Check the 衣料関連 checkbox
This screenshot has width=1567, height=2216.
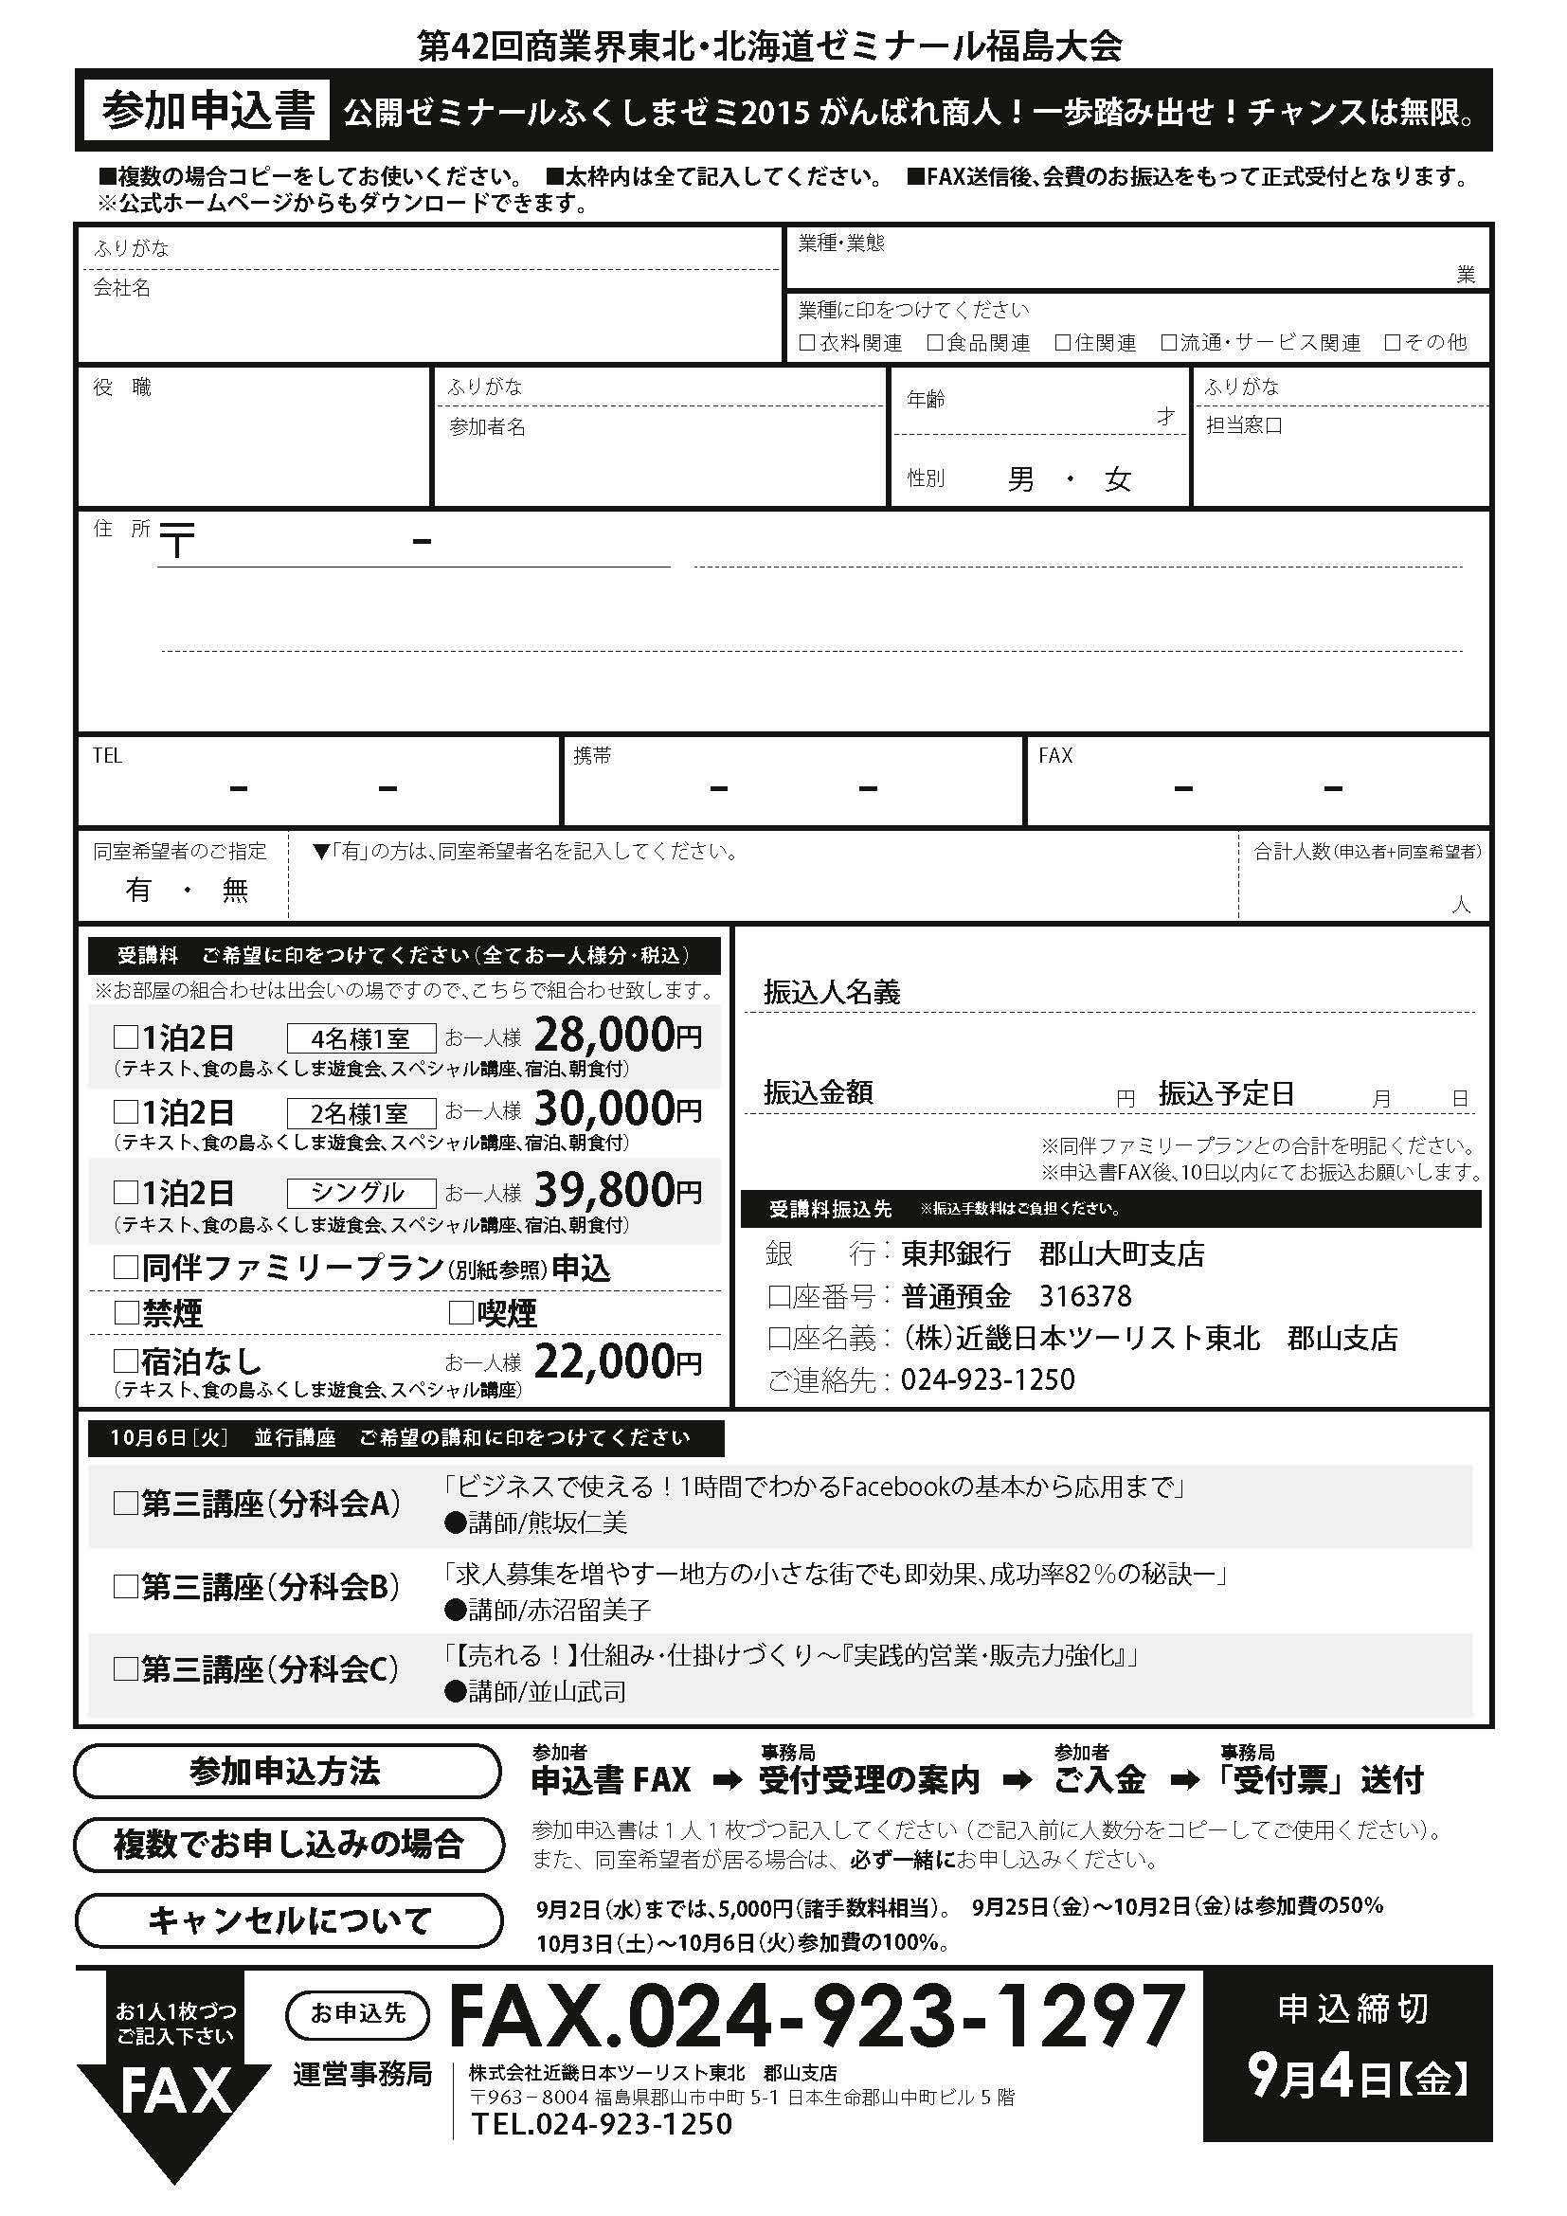(806, 343)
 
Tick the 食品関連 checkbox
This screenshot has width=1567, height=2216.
(934, 343)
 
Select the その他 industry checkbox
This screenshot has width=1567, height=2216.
(1392, 343)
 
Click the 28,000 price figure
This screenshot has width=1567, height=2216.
(605, 1036)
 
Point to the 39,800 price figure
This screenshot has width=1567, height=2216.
(605, 1190)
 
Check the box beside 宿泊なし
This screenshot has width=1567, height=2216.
(125, 1360)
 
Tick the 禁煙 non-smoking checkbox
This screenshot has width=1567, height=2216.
(125, 1312)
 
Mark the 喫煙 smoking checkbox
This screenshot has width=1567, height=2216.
(460, 1312)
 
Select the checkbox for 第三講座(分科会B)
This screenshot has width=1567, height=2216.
(125, 1587)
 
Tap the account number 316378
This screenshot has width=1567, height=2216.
(1085, 1296)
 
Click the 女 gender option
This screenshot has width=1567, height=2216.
(1117, 479)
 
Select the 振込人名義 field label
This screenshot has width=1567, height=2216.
(831, 992)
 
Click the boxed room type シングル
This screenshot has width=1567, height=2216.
(361, 1193)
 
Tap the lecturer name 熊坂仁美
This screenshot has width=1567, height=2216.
(547, 1523)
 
